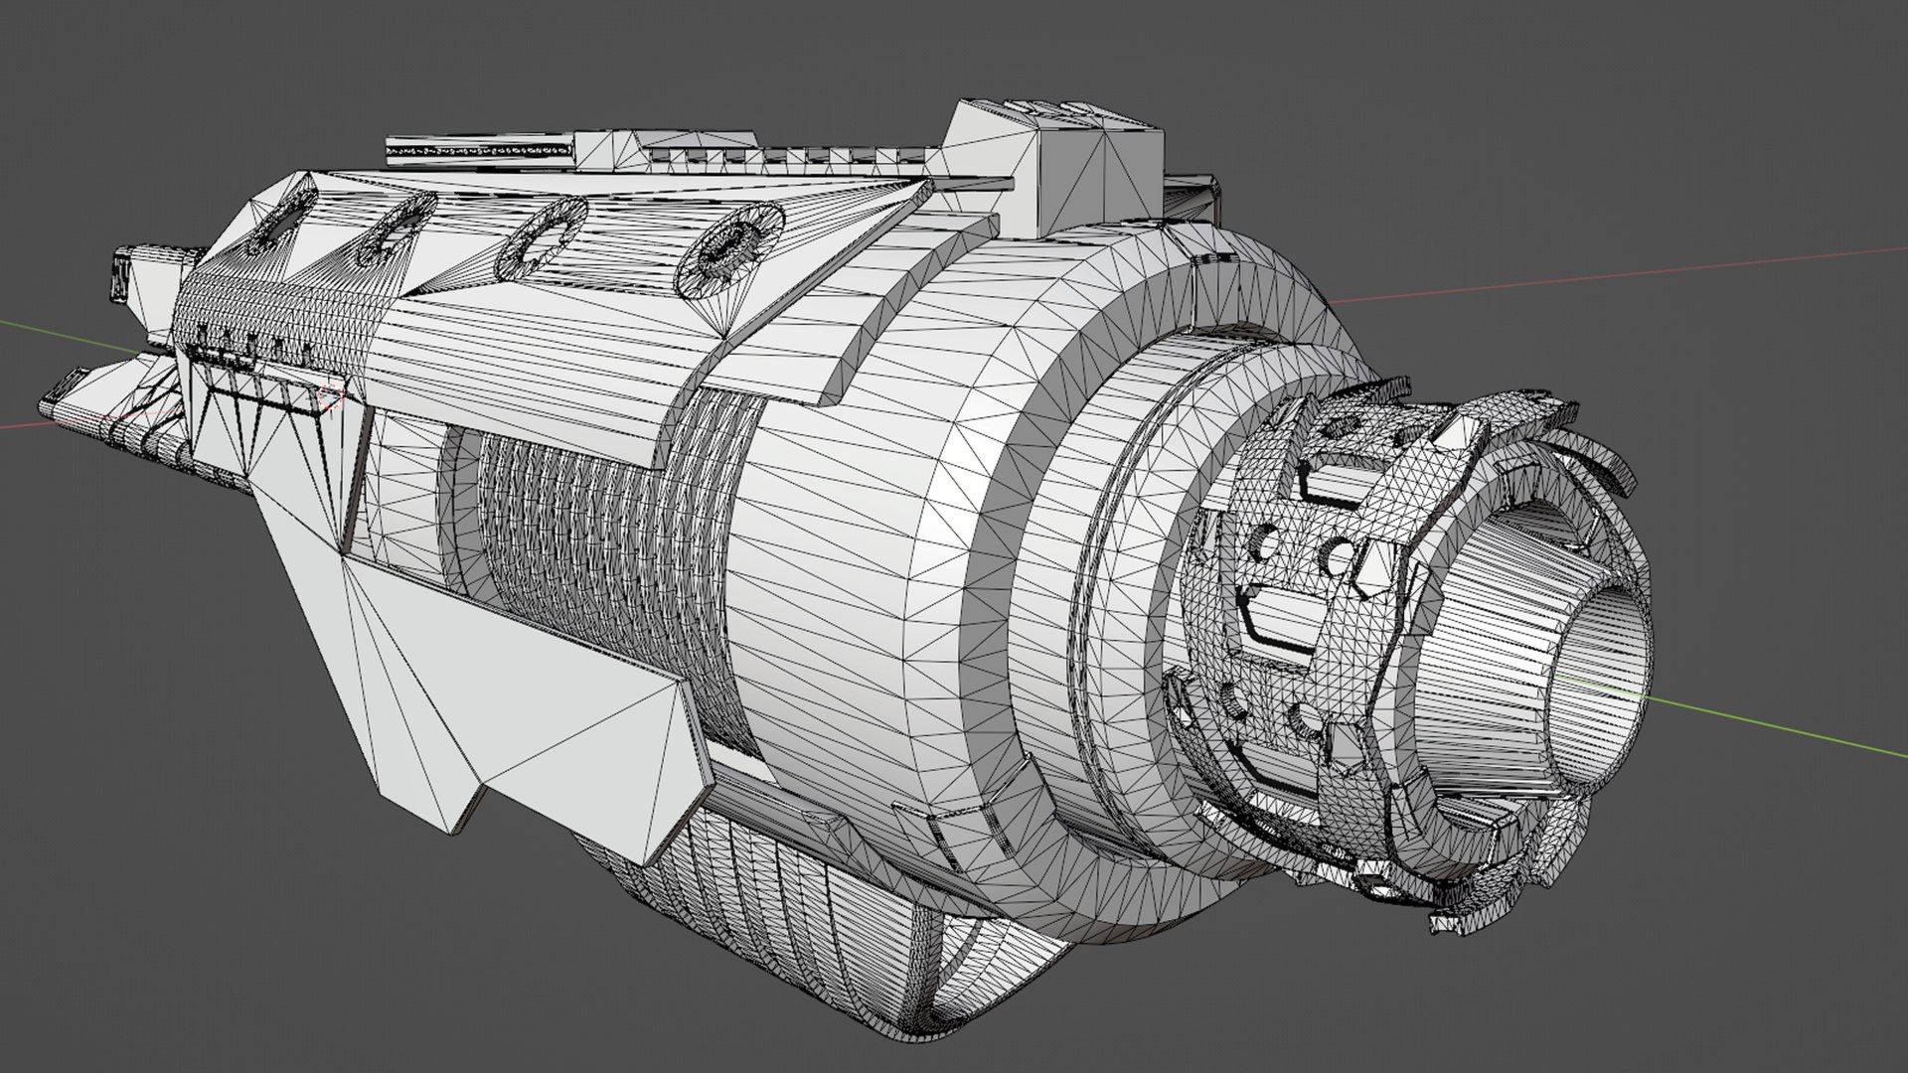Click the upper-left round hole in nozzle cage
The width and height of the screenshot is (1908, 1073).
click(1268, 542)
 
